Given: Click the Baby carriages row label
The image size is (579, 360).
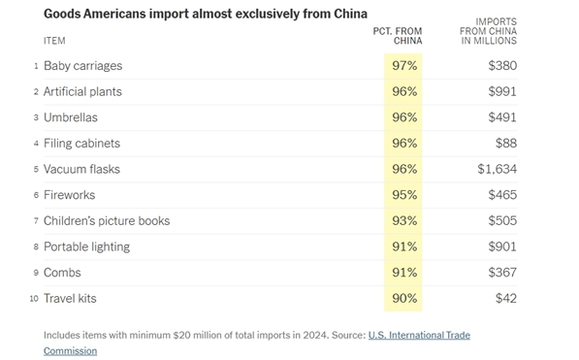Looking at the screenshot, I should point(82,66).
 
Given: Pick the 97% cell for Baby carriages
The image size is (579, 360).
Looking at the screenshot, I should point(404,66).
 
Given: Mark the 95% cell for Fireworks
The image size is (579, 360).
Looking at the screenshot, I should point(404,195).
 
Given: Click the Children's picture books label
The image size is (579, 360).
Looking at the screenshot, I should point(107,220).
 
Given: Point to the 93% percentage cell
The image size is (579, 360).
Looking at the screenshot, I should point(404,220).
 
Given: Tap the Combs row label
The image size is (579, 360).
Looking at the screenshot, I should point(62,273).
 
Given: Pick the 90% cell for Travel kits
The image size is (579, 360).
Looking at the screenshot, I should point(404,298).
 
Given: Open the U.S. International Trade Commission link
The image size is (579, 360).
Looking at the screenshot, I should point(417,335).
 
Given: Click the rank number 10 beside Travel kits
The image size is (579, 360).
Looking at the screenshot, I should point(34,299).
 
